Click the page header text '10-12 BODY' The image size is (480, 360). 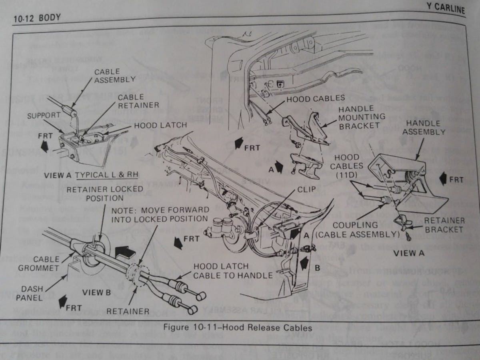click(x=37, y=18)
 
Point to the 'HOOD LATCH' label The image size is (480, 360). click(x=160, y=125)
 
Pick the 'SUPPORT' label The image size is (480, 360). click(x=44, y=115)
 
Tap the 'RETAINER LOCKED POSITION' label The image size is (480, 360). click(x=104, y=193)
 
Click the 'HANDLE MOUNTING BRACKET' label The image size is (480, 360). click(x=361, y=117)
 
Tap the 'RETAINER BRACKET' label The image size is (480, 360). click(x=444, y=225)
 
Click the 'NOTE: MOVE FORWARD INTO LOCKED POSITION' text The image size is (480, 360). click(x=160, y=214)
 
